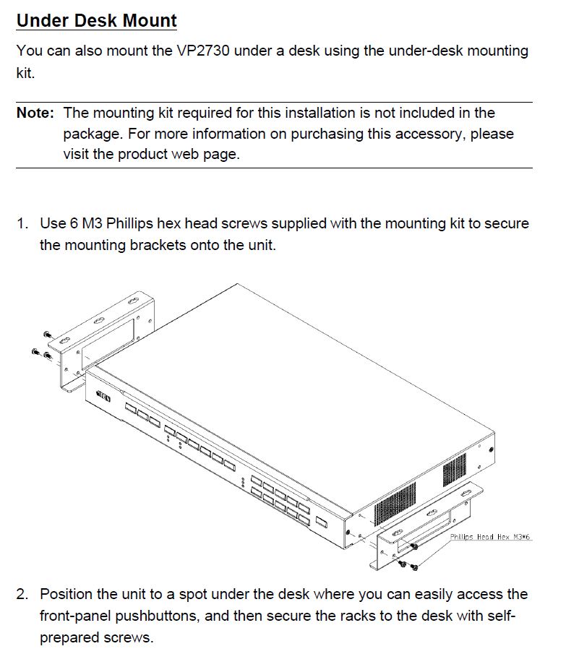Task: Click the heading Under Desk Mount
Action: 96,20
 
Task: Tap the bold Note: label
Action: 35,113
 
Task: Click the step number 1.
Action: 22,224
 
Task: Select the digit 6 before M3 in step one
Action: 74,224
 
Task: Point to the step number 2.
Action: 22,595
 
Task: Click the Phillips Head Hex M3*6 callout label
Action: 490,538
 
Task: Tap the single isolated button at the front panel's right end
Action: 322,522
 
